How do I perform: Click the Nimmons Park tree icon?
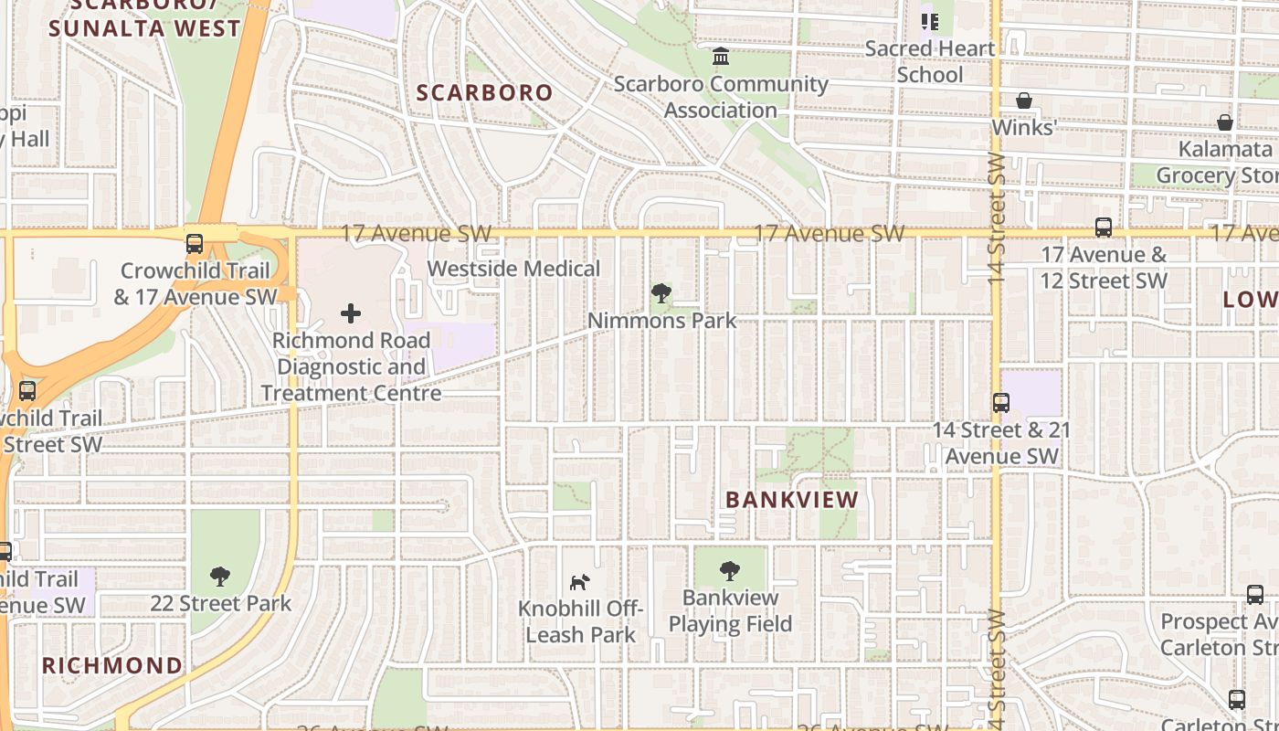[x=661, y=293]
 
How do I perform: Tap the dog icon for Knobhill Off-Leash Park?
[x=579, y=582]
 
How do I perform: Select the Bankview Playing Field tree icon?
[x=729, y=571]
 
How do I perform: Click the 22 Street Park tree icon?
[x=219, y=577]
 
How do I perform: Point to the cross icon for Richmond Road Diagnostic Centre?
[x=351, y=313]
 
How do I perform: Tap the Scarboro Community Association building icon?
[x=721, y=57]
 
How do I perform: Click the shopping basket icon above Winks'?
[x=1024, y=101]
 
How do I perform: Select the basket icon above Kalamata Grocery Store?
[x=1225, y=122]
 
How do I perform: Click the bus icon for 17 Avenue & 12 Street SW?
[x=1104, y=228]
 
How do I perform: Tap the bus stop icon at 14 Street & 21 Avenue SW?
[x=1001, y=402]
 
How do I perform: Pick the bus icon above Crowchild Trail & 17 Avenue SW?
[x=195, y=244]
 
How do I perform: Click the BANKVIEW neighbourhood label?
[x=792, y=500]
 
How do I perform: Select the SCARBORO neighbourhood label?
[x=485, y=92]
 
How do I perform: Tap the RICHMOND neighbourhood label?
[x=112, y=665]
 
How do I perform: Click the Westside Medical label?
[x=513, y=269]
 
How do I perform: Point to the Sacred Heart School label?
[x=930, y=61]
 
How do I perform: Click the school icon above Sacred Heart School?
[x=930, y=21]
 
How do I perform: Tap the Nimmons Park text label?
[x=661, y=321]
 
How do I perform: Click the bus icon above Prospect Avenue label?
[x=1255, y=595]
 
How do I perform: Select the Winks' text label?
[x=1024, y=127]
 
